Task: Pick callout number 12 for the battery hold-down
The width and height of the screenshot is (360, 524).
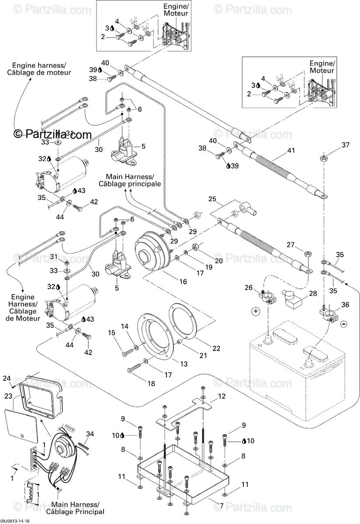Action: (222, 396)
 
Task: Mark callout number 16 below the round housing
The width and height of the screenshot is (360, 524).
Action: (183, 282)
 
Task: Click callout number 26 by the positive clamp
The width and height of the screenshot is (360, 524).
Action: (249, 287)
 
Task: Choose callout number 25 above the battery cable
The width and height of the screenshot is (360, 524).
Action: (212, 199)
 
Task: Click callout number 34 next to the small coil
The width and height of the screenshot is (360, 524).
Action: (90, 434)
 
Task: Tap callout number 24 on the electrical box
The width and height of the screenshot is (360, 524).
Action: (6, 378)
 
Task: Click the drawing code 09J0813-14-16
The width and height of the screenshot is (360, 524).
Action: (16, 521)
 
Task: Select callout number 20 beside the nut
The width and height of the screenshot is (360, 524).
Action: (219, 261)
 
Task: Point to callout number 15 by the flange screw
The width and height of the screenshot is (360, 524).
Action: (112, 333)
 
